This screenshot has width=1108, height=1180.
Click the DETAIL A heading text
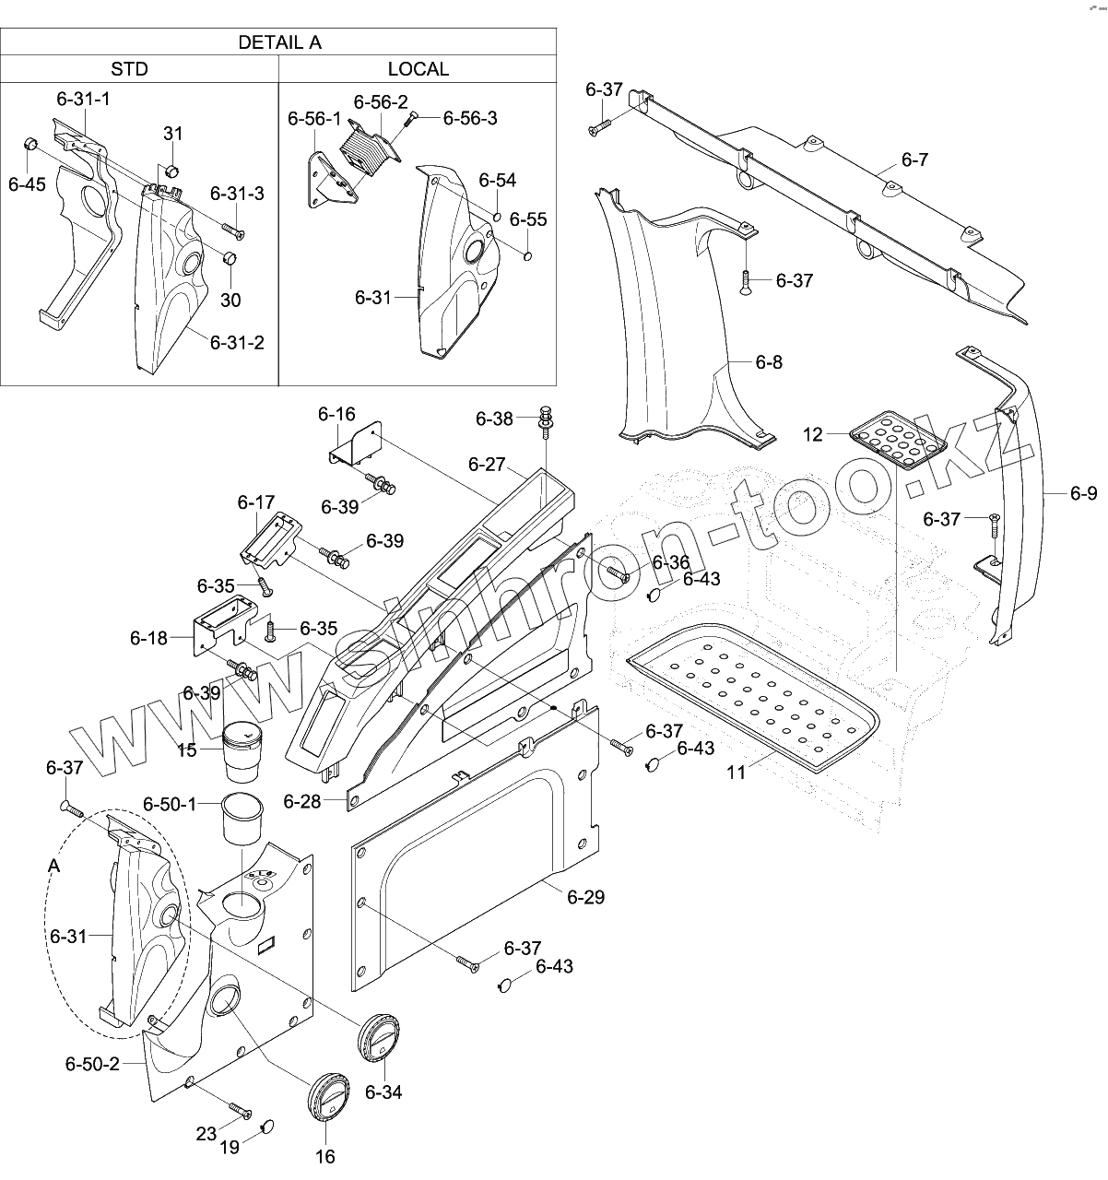tap(279, 42)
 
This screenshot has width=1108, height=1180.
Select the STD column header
tap(129, 69)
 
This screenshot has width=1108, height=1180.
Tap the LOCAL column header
tap(418, 69)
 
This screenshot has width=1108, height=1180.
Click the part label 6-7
tap(914, 160)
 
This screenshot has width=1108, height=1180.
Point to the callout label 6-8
tap(768, 362)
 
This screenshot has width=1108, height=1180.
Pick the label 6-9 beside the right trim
tap(1083, 494)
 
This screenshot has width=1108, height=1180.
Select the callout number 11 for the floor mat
tap(736, 772)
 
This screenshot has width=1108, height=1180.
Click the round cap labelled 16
tap(325, 1098)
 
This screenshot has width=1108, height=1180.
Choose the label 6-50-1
tap(170, 804)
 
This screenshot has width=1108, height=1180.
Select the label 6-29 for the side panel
tap(585, 896)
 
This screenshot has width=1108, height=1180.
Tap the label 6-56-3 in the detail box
tap(470, 118)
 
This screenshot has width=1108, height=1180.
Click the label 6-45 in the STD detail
tap(26, 183)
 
